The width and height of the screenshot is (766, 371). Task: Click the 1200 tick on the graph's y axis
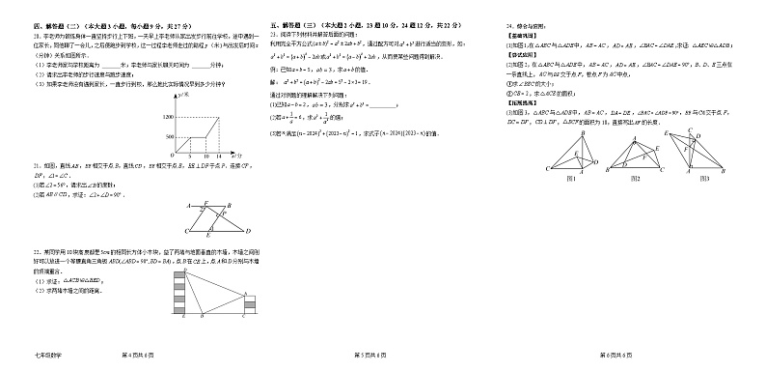(171, 116)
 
